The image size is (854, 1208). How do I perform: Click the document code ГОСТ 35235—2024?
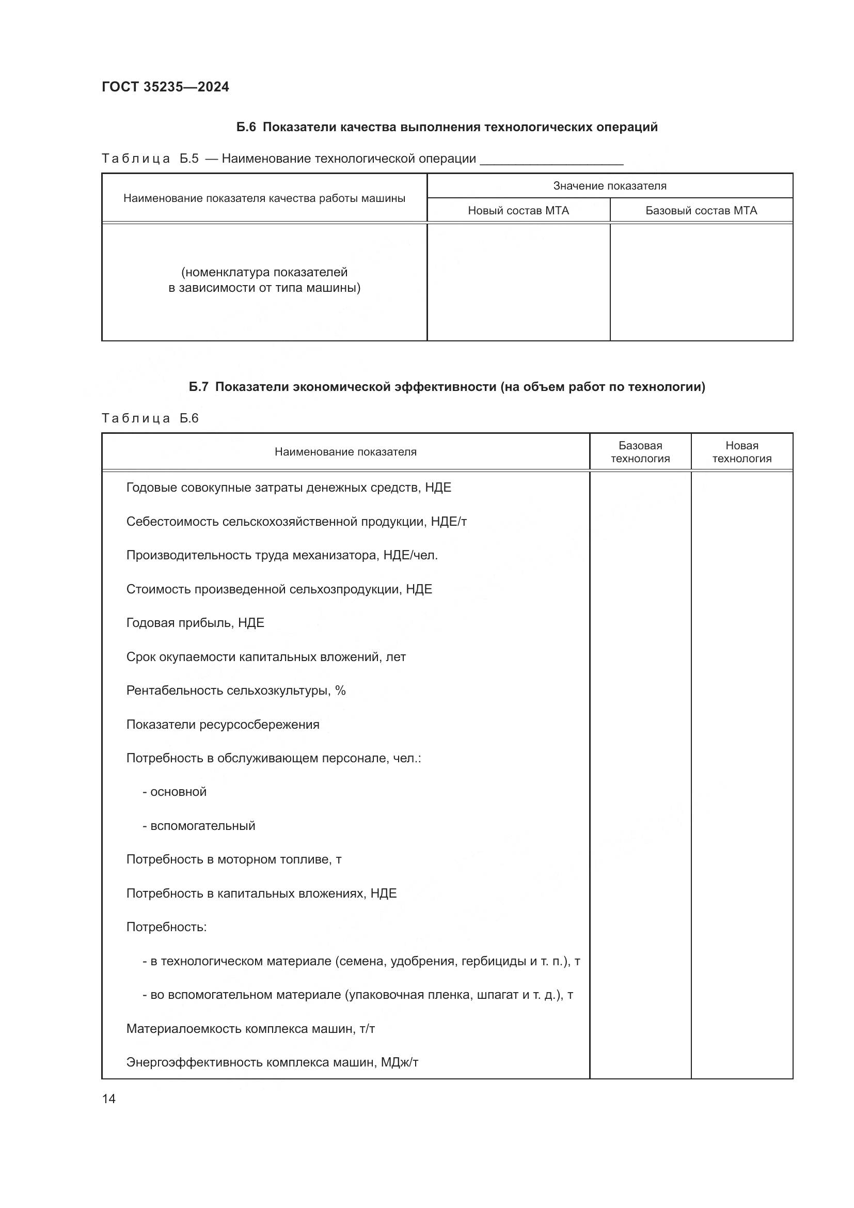click(165, 87)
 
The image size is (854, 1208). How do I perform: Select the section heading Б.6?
click(447, 128)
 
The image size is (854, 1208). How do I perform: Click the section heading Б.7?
click(447, 387)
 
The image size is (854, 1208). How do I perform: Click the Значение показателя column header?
click(609, 186)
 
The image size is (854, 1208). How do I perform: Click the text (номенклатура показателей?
click(264, 273)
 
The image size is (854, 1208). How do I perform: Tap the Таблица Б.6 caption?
click(150, 419)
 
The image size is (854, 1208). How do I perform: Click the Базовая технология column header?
click(640, 452)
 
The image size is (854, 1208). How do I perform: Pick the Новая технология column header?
click(741, 452)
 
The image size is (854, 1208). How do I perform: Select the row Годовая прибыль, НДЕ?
click(195, 623)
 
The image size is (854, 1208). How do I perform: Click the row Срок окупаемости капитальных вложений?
click(265, 657)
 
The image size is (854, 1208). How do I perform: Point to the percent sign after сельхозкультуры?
click(340, 691)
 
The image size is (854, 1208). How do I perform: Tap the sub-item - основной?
click(175, 792)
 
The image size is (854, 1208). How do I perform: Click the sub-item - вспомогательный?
click(199, 826)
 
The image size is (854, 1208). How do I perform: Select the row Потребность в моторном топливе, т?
click(233, 860)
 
